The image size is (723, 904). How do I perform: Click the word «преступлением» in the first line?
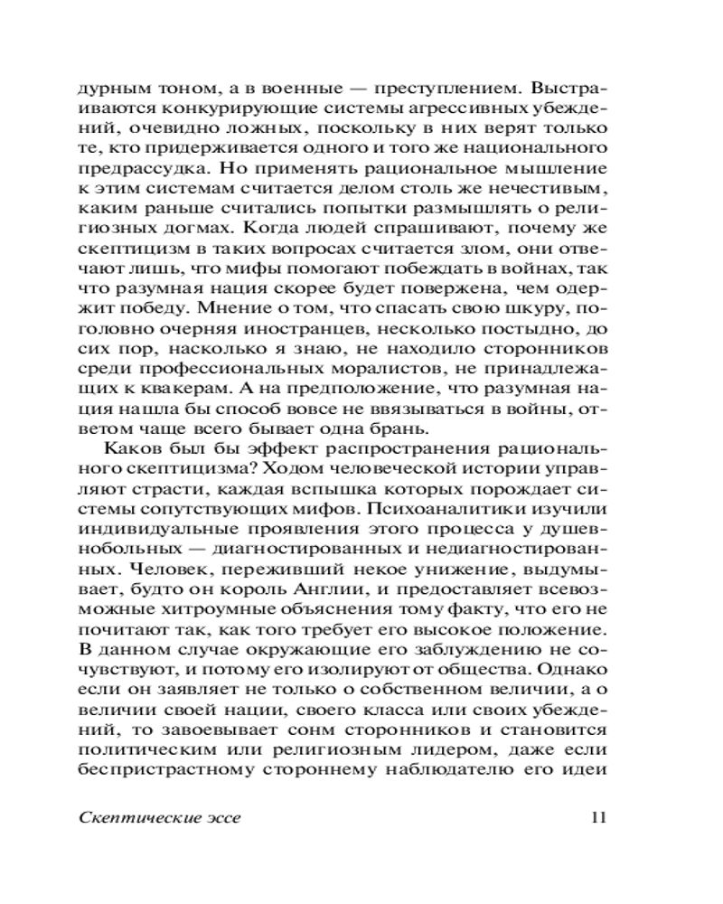tap(418, 91)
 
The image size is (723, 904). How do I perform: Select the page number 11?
tap(596, 819)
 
